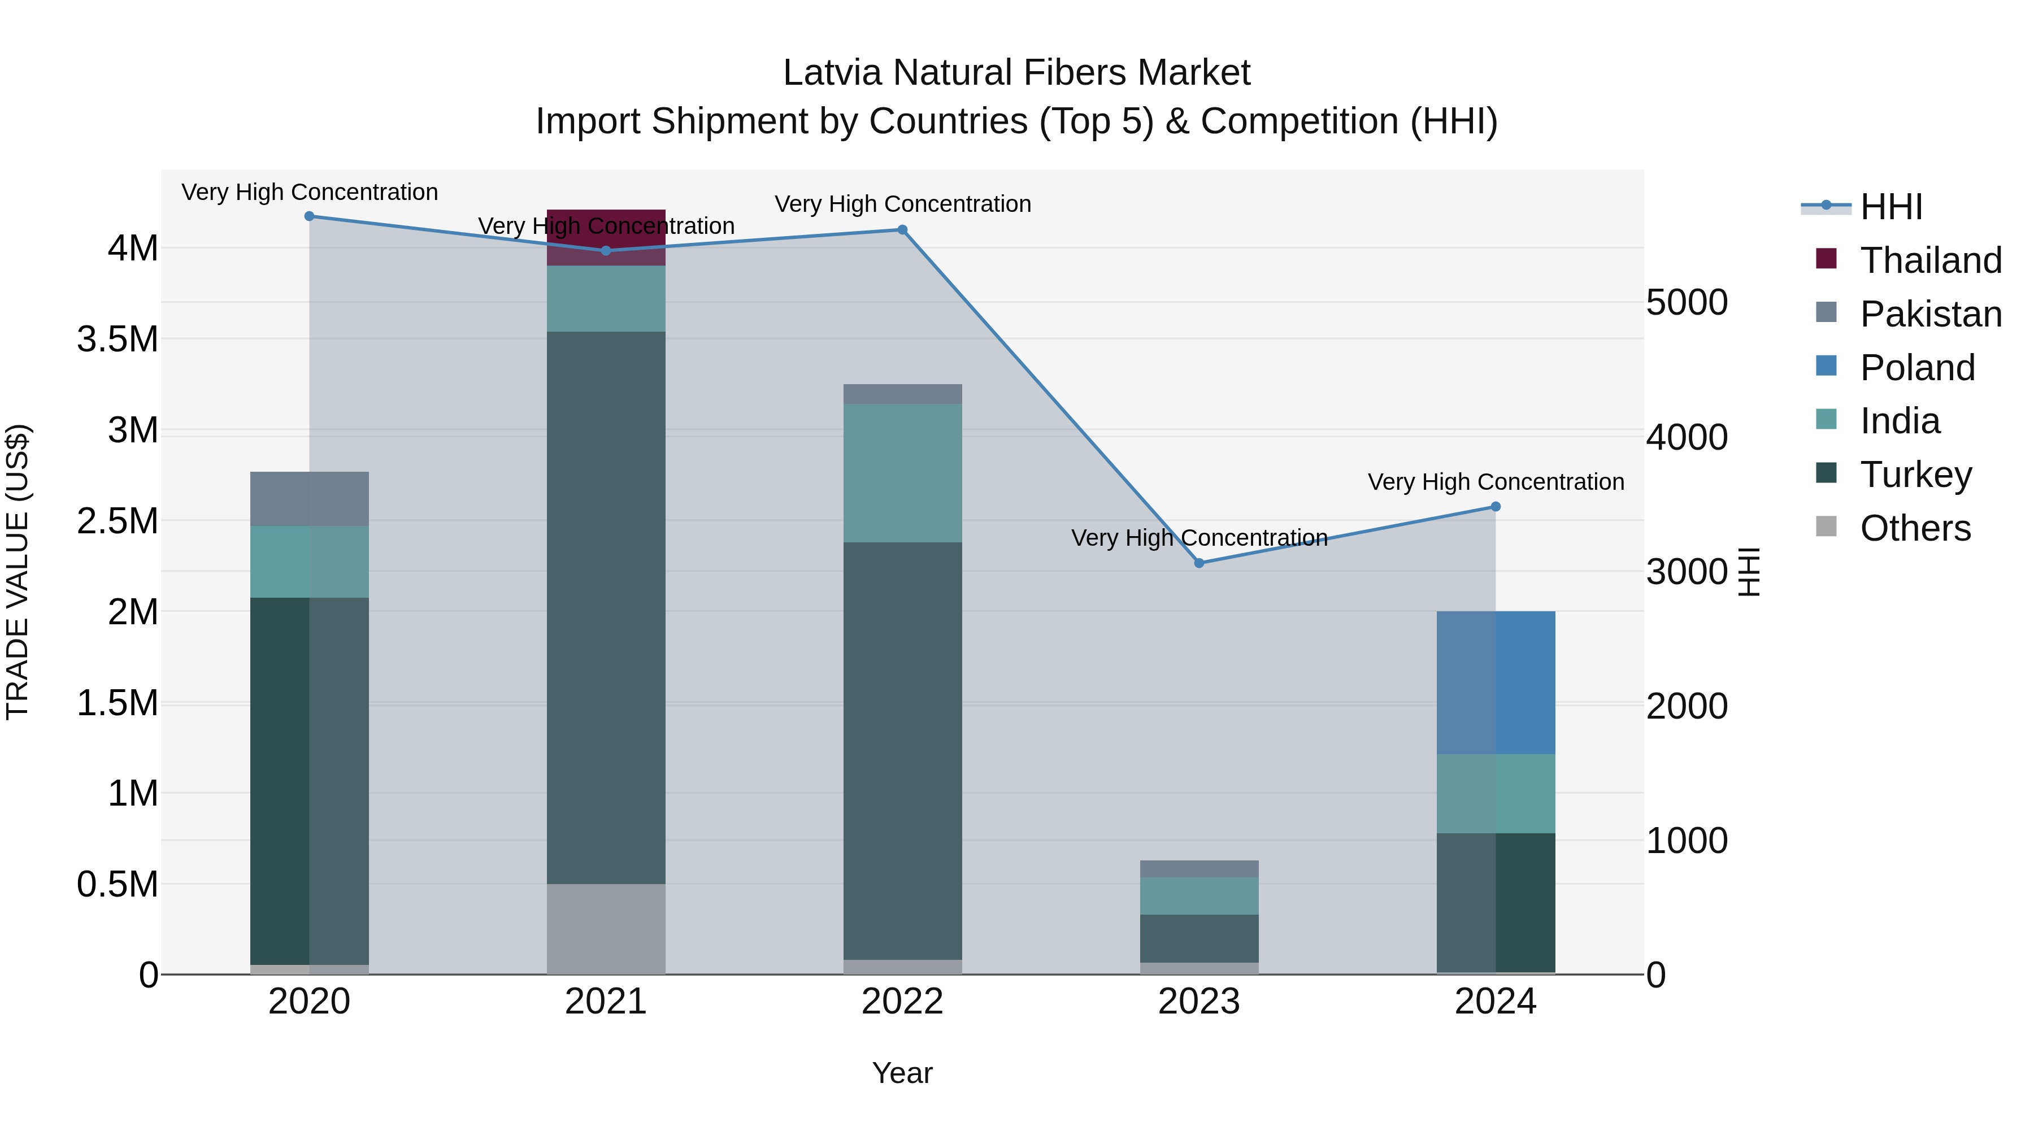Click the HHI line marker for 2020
coord(310,216)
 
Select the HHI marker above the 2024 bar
coord(1496,507)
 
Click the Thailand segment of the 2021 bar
coord(606,237)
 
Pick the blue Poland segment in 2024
coord(1496,683)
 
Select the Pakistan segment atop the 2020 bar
coord(310,499)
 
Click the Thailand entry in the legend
coord(1931,260)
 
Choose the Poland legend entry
coord(1917,368)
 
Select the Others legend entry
coord(1915,528)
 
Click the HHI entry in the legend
coord(1890,207)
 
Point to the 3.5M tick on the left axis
coord(118,340)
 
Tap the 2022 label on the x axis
coord(902,1002)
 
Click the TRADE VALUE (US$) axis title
coord(18,572)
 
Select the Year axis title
coord(902,1073)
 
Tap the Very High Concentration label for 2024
coord(1496,481)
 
